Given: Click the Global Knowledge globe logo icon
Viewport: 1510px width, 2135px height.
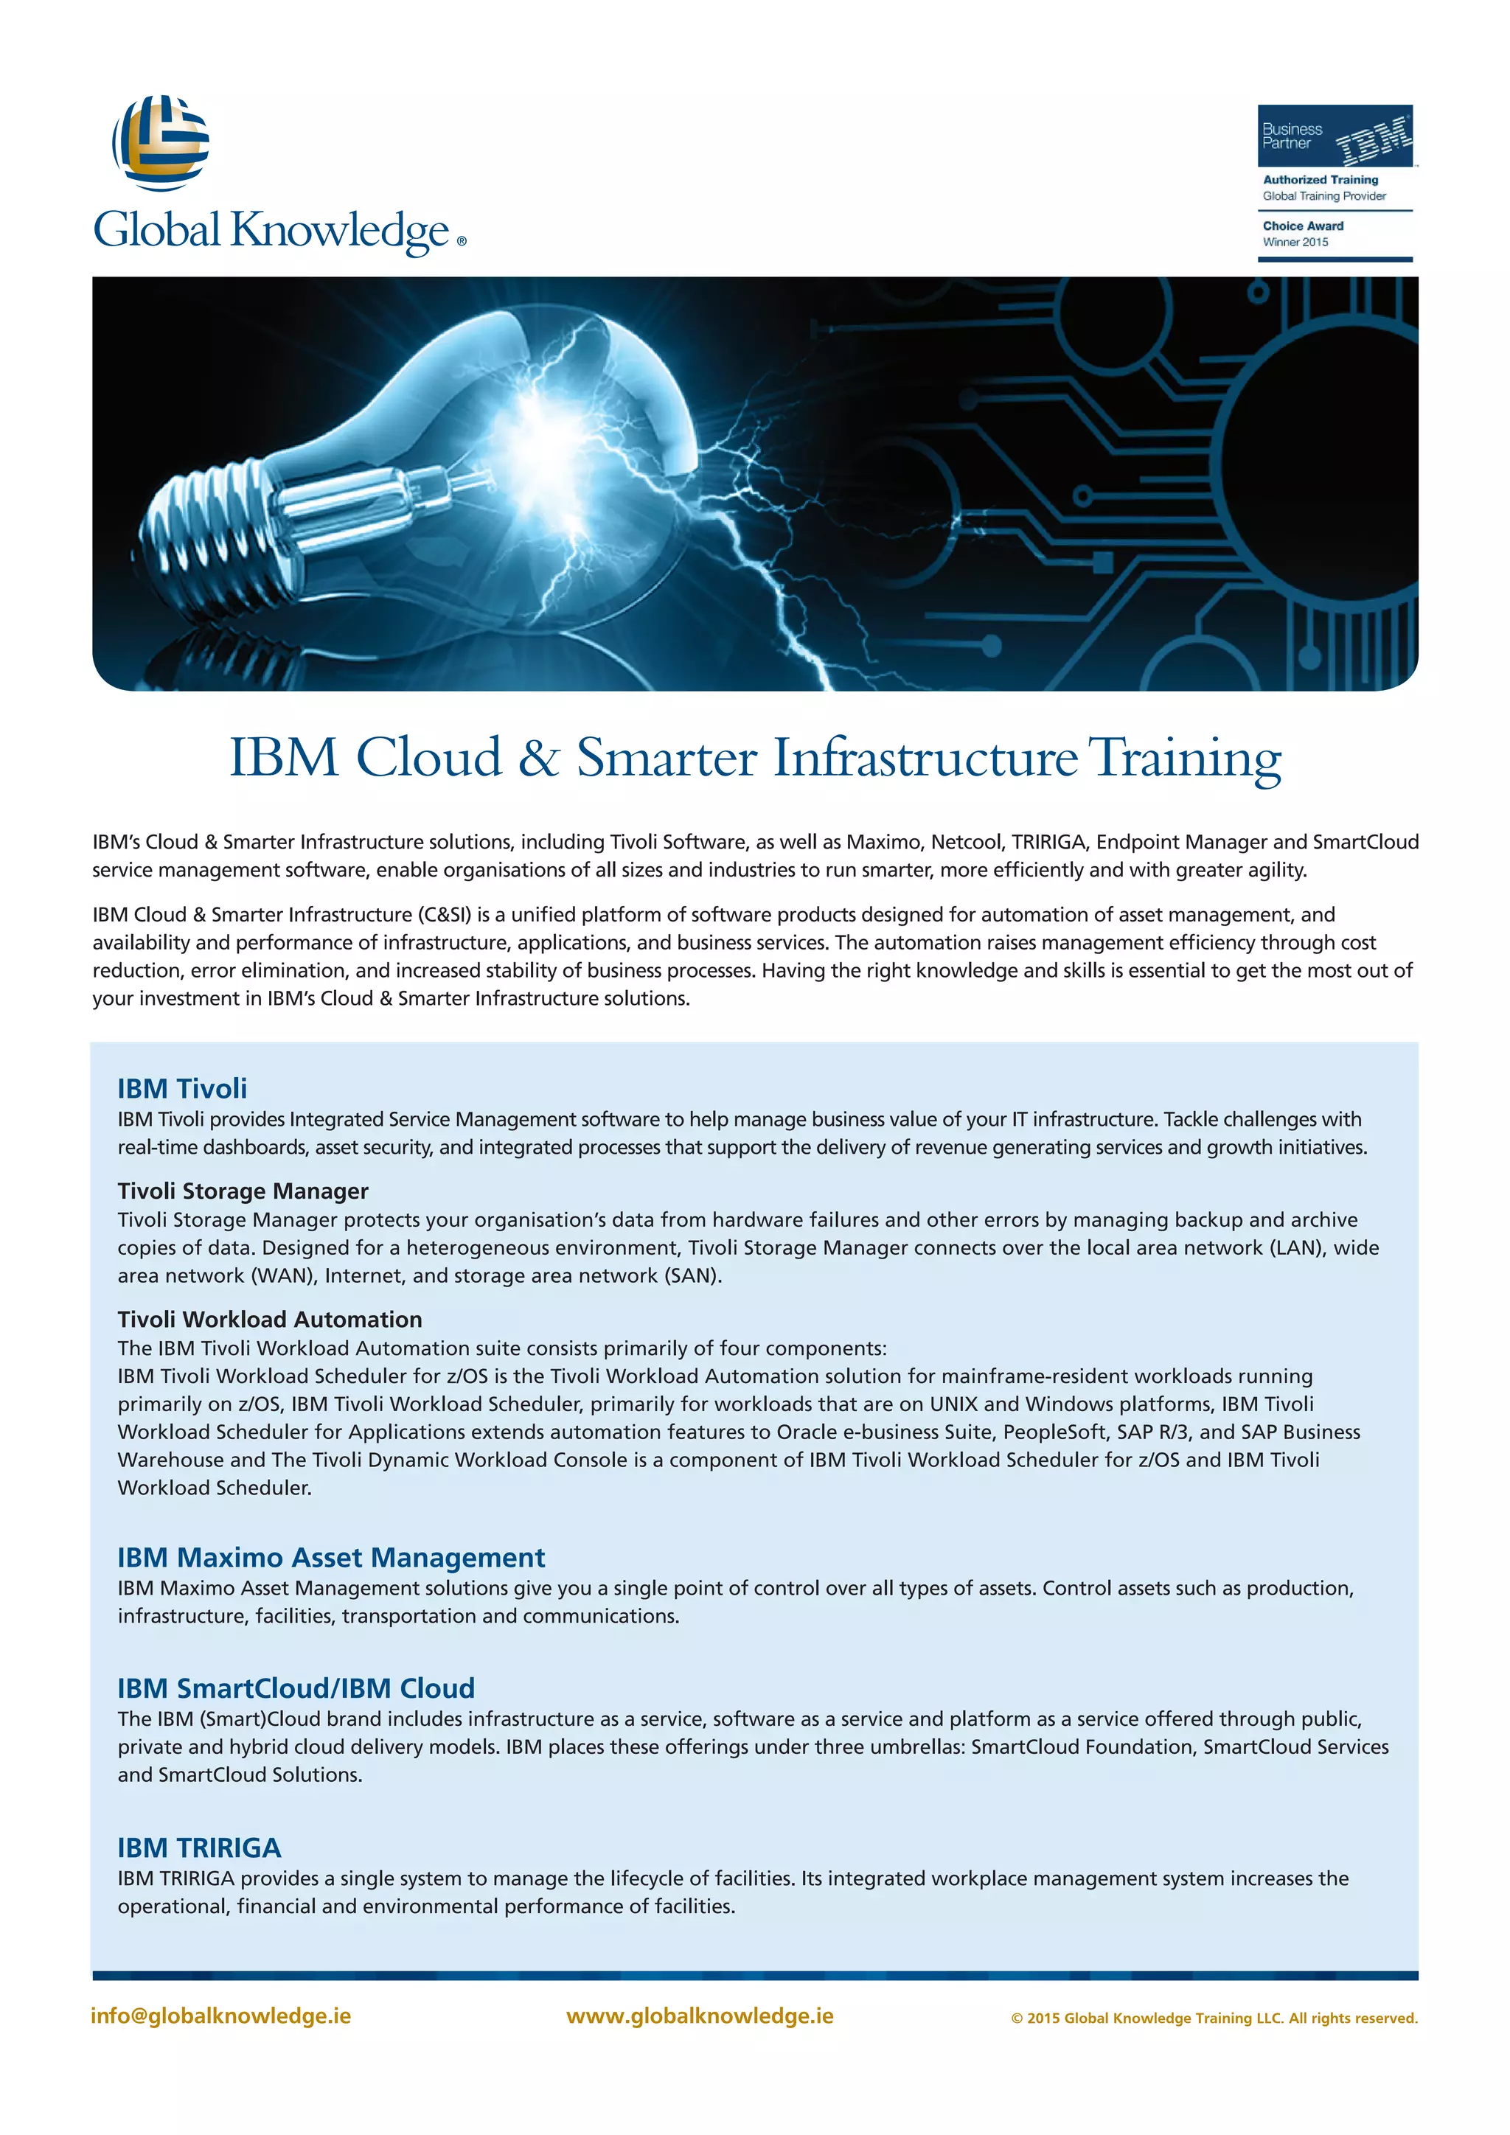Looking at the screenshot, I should [161, 142].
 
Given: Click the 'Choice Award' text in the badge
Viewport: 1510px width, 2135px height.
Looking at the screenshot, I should [1303, 226].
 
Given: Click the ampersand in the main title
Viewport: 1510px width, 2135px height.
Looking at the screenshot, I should [538, 758].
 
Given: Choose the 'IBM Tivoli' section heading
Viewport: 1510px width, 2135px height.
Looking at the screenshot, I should [182, 1088].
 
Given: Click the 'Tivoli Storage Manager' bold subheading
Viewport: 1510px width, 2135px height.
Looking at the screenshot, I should [243, 1191].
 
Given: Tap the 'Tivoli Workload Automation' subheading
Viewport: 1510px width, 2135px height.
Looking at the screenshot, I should [270, 1320].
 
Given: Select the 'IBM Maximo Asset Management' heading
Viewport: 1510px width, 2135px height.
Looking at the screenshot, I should [331, 1558].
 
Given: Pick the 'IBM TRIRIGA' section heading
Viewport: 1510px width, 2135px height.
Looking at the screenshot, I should [199, 1847].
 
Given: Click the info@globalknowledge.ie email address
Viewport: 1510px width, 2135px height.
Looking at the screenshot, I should [221, 2016].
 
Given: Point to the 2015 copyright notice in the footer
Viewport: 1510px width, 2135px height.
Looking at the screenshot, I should [1214, 2019].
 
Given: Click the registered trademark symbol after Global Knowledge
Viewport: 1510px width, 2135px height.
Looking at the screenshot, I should [461, 242].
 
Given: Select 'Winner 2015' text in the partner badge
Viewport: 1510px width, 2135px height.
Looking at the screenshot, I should [1295, 243].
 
